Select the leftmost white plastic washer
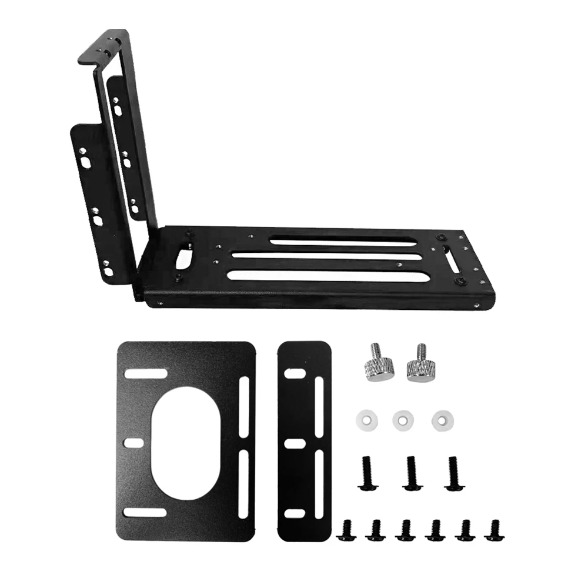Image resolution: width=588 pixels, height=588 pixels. [x=365, y=419]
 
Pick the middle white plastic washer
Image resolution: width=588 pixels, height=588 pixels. [x=403, y=419]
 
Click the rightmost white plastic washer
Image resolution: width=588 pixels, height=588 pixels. [x=442, y=419]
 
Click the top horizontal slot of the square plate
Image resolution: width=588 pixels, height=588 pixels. [x=145, y=374]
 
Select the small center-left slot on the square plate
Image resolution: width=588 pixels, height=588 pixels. [x=135, y=442]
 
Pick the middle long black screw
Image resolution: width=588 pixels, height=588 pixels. [x=411, y=473]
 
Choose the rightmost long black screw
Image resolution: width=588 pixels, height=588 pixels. [x=453, y=473]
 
